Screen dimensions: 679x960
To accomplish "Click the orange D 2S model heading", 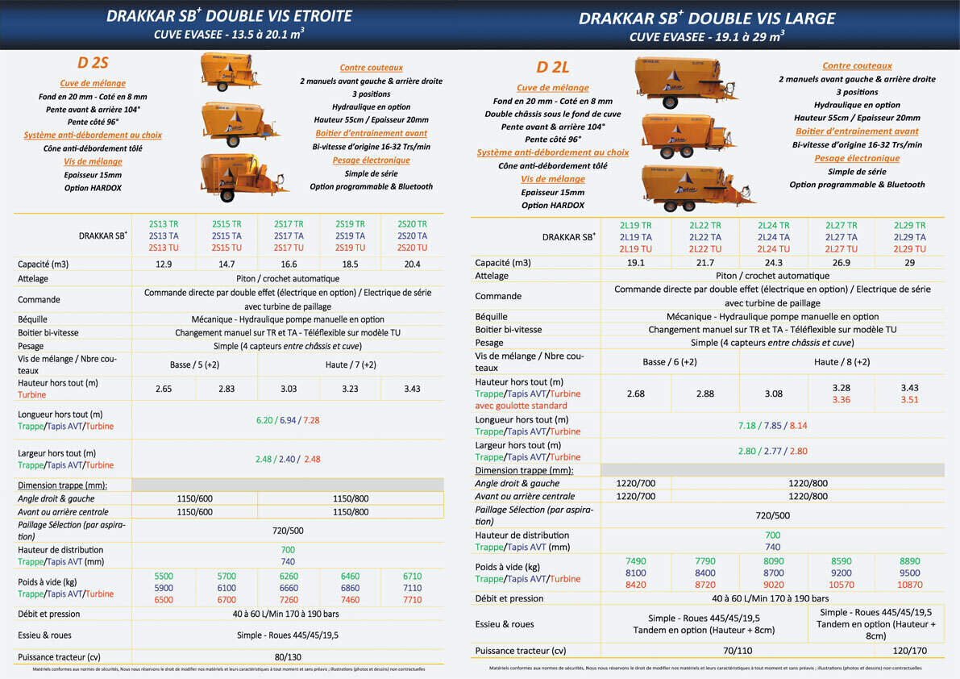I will [x=93, y=63].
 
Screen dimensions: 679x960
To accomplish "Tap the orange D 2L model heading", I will [x=553, y=68].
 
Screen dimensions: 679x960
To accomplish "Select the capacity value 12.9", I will [x=164, y=265].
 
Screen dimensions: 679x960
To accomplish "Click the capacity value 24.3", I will [x=773, y=263].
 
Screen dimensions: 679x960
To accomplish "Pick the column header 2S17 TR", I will [x=289, y=224].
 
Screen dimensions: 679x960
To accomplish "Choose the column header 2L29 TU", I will [x=909, y=249].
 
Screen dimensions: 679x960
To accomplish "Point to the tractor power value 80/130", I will [x=288, y=656].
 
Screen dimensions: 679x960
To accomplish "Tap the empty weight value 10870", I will [x=909, y=585].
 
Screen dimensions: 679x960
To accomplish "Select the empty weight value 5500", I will [x=164, y=577].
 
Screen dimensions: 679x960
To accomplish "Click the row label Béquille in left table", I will [x=34, y=320].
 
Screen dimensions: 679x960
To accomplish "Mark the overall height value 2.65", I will [x=164, y=389].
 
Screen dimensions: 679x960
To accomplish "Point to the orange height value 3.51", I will [x=909, y=399].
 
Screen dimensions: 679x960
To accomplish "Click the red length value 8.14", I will [x=798, y=426].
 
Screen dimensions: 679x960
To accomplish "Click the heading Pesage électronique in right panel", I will [x=857, y=159].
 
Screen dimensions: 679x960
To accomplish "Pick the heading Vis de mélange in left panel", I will [x=93, y=162].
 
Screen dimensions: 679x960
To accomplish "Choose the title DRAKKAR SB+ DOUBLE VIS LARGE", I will [x=707, y=18].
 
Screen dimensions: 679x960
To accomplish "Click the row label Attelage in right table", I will [x=492, y=276].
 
